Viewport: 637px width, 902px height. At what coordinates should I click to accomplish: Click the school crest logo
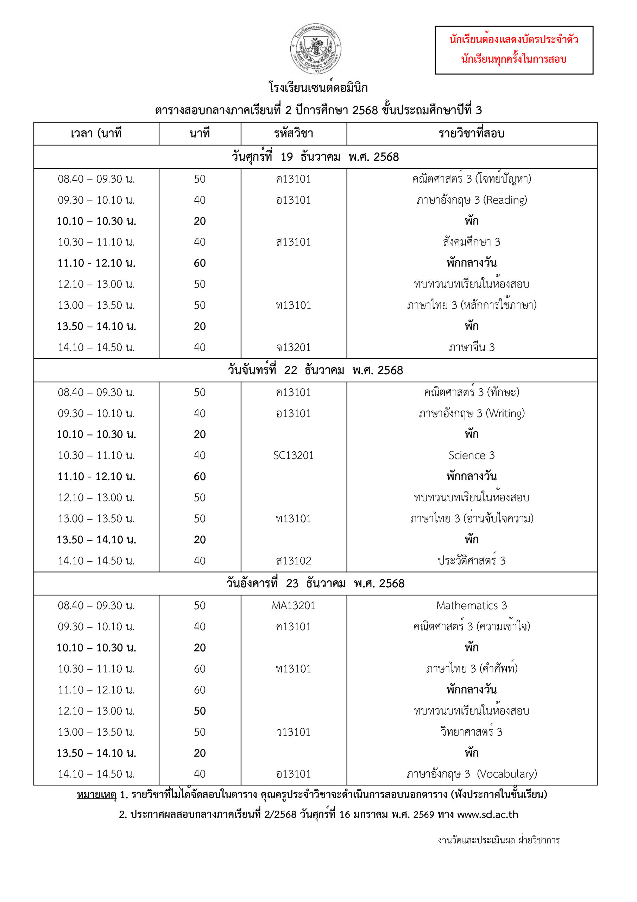[x=316, y=49]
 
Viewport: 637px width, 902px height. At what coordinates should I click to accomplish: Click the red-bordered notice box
[x=514, y=50]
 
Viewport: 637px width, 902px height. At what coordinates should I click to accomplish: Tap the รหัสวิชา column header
[x=294, y=134]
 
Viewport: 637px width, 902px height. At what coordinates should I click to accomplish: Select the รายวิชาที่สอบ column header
[x=471, y=134]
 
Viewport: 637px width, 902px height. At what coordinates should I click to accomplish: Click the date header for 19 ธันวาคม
[x=315, y=157]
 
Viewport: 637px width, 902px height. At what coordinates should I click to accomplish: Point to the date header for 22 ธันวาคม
[x=315, y=370]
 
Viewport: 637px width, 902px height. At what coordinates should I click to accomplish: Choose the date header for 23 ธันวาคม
[x=315, y=583]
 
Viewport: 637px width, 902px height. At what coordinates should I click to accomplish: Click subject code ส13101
[x=294, y=242]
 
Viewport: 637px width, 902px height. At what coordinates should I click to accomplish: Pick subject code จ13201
[x=294, y=347]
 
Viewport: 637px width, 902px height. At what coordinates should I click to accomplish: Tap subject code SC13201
[x=294, y=455]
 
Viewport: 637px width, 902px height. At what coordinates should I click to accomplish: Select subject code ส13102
[x=294, y=561]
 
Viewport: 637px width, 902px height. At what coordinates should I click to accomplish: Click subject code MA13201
[x=294, y=605]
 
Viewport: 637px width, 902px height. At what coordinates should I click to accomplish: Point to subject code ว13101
[x=294, y=732]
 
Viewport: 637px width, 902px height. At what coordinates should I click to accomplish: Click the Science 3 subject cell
[x=471, y=455]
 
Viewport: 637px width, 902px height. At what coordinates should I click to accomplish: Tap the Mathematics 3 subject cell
[x=471, y=605]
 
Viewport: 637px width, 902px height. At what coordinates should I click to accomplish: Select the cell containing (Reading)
[x=471, y=200]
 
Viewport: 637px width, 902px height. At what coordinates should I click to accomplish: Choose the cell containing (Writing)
[x=471, y=413]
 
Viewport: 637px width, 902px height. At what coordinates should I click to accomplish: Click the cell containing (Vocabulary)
[x=471, y=774]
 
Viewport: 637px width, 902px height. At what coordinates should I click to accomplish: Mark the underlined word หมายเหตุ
[x=96, y=794]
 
